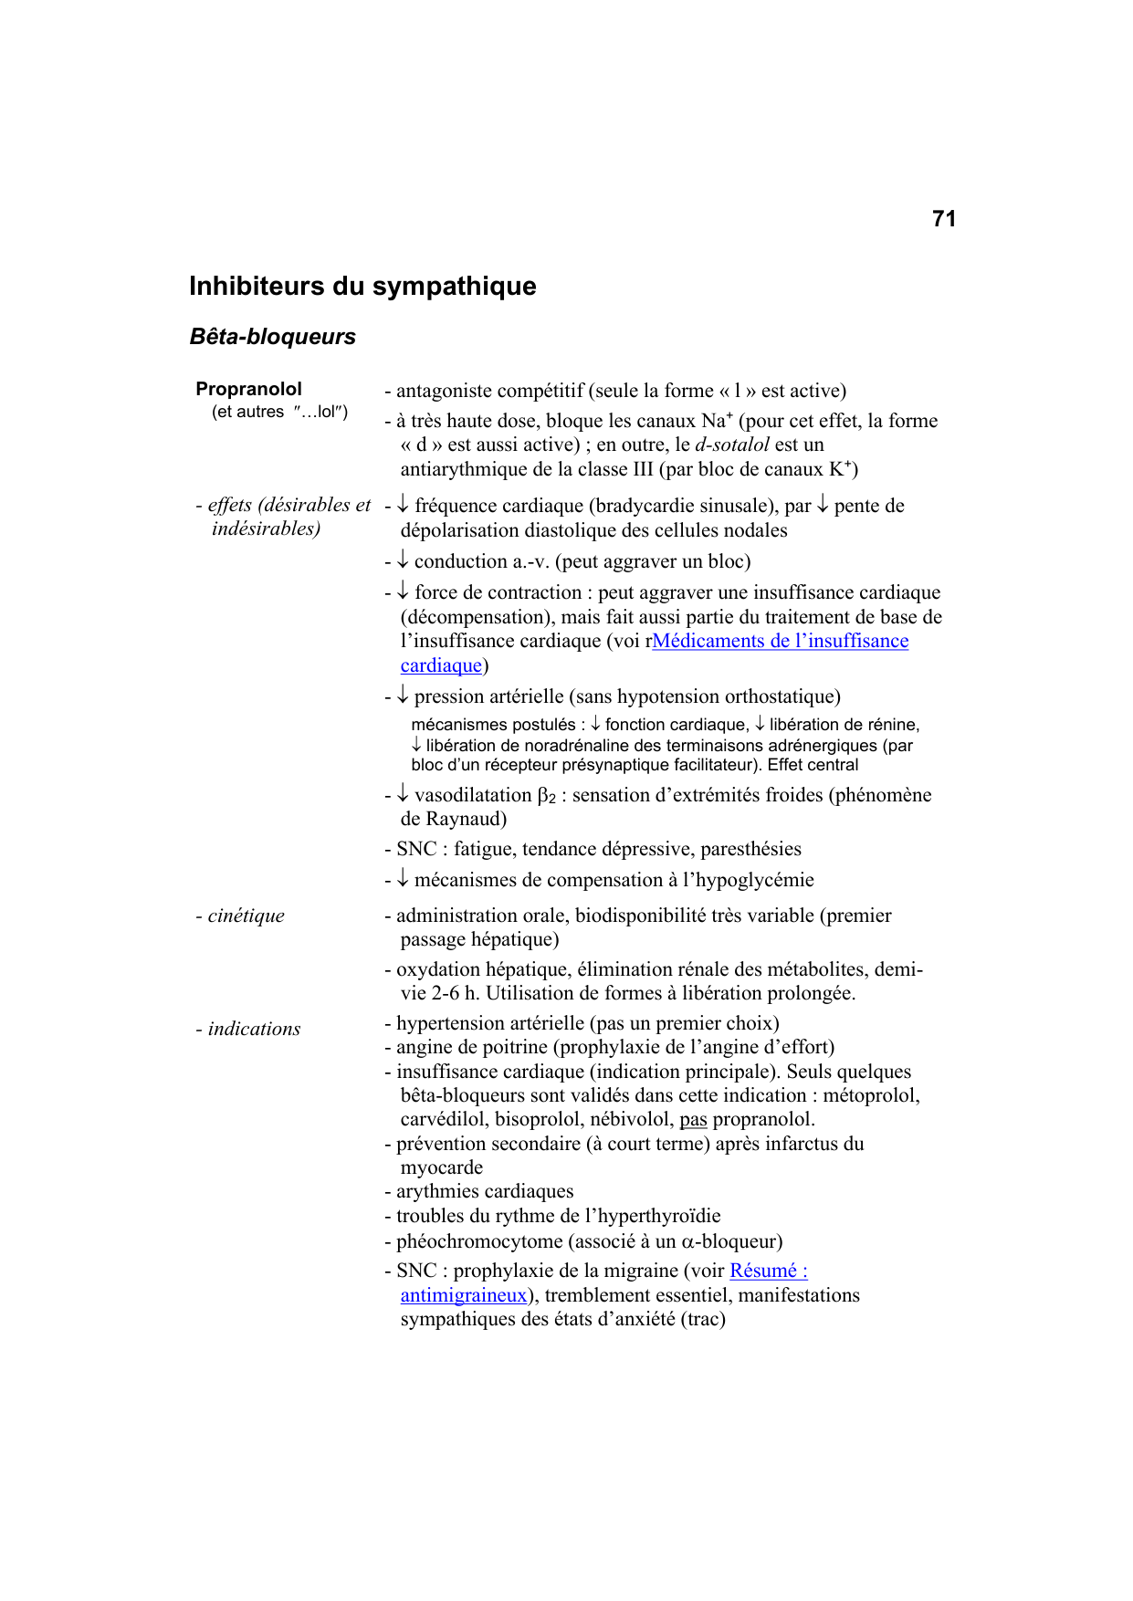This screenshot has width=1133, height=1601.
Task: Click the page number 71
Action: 944,219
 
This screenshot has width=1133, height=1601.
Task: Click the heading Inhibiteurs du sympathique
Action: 362,287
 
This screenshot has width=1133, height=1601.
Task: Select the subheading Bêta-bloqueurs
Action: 272,337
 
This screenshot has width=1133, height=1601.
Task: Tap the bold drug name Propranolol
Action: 248,389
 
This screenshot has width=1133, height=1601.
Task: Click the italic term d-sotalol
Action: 732,445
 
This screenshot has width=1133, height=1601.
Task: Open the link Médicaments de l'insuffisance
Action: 781,642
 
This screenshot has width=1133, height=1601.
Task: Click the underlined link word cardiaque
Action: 441,666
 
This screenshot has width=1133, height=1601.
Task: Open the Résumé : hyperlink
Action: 769,1271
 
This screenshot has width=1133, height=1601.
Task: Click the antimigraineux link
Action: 464,1295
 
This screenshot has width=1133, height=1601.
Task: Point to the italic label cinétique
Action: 246,916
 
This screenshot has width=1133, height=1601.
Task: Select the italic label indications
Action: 254,1029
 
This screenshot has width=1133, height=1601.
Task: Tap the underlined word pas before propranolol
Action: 693,1120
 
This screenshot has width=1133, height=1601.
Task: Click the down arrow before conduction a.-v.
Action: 403,560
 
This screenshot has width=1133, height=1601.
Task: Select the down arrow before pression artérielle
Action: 403,696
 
